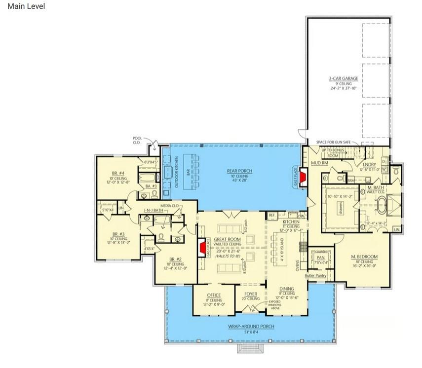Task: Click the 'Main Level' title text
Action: coord(26,6)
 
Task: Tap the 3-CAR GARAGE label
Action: coord(344,78)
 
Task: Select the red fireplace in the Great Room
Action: coord(202,249)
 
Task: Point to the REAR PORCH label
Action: coord(239,171)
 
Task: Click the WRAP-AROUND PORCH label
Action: coord(251,327)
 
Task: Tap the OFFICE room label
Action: coord(214,295)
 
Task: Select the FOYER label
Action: coord(251,294)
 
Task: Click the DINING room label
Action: coord(286,289)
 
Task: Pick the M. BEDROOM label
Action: coord(364,257)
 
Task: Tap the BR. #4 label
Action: coord(118,173)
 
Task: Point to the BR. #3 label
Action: coord(118,234)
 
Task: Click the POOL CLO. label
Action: coord(137,140)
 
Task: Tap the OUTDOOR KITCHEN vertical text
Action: coord(176,171)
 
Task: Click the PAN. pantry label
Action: coord(321,258)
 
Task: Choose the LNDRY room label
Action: coord(369,164)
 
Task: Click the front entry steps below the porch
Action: coord(251,349)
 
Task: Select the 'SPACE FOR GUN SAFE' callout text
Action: coord(333,142)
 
